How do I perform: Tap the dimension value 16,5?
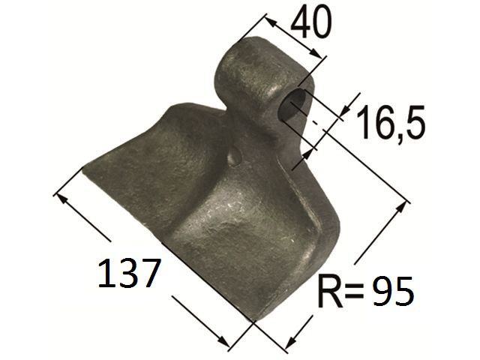click(x=391, y=122)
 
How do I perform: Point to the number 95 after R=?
click(x=393, y=292)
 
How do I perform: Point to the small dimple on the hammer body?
click(x=235, y=156)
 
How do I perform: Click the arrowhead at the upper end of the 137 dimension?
click(x=61, y=198)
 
